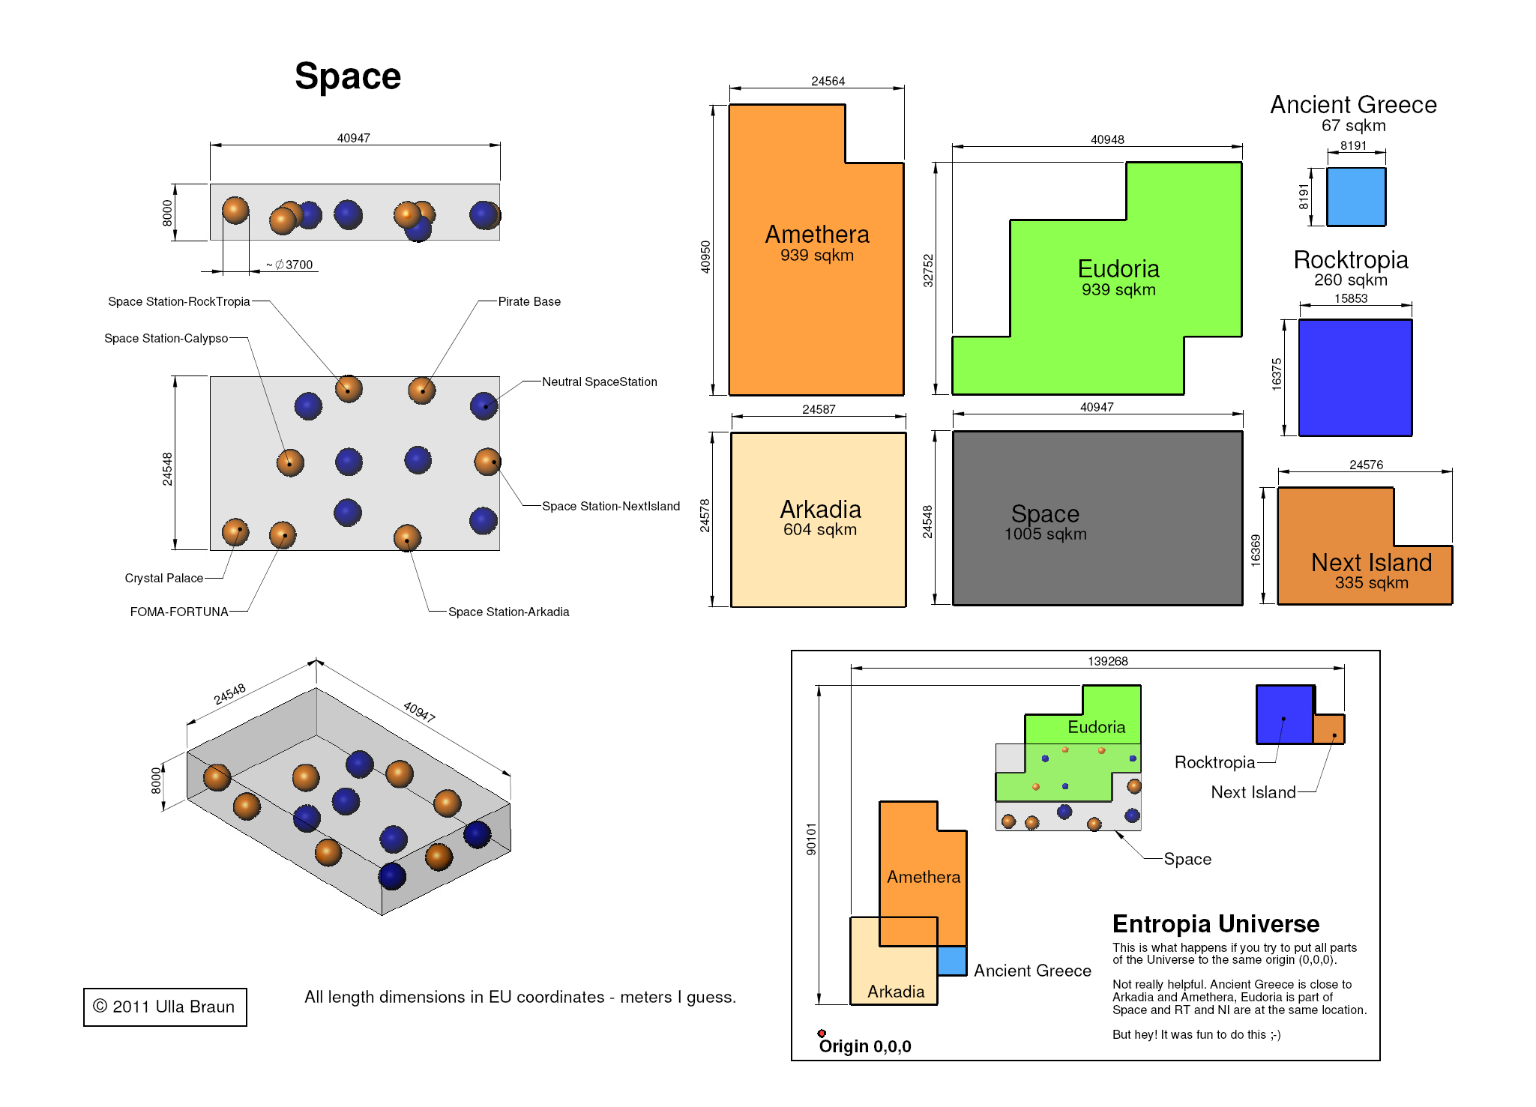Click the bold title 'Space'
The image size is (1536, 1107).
(x=348, y=76)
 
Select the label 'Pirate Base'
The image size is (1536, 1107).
(x=529, y=301)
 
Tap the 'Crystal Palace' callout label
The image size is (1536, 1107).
(x=163, y=578)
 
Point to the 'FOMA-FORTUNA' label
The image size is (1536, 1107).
(x=179, y=612)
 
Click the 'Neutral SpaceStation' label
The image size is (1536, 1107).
(x=600, y=381)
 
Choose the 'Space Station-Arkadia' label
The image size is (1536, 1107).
(x=509, y=612)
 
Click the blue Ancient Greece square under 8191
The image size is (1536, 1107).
(x=1356, y=196)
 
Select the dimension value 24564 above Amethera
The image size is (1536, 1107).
(x=828, y=81)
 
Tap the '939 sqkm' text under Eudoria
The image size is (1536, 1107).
(x=1118, y=289)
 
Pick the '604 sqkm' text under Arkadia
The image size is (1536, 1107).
(x=820, y=529)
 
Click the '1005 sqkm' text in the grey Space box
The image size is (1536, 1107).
(x=1046, y=534)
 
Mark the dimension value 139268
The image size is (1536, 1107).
(x=1108, y=661)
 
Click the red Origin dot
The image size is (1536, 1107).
(x=822, y=1034)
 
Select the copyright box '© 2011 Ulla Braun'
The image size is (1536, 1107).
(x=165, y=1007)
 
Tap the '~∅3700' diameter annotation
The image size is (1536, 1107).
(x=289, y=265)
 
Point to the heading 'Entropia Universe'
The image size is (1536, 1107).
(x=1216, y=923)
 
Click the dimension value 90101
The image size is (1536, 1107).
(x=811, y=839)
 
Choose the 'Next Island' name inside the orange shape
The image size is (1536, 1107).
(x=1371, y=562)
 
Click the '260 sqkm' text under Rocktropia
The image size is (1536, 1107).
(x=1351, y=280)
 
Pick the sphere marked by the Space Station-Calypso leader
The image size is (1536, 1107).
(x=290, y=462)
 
